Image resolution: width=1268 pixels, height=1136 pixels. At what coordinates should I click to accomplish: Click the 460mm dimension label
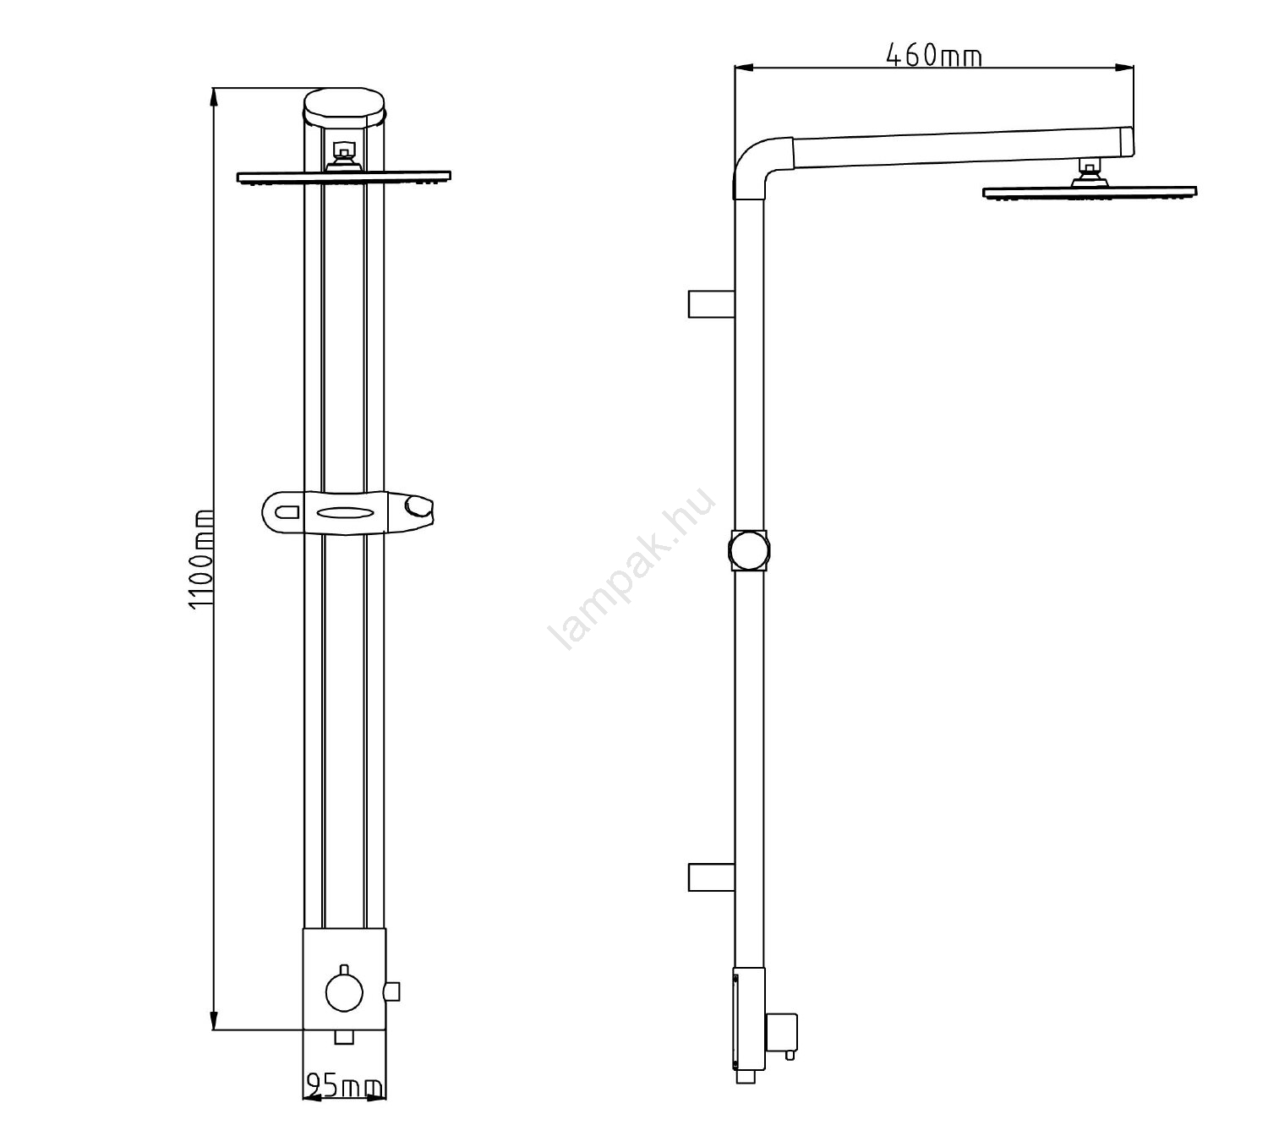pos(933,55)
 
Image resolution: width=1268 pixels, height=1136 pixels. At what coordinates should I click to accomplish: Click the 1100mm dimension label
pos(201,559)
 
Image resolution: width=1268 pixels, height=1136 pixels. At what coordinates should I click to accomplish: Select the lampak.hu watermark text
pos(631,568)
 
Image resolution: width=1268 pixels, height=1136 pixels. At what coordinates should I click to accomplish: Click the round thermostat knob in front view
pos(344,992)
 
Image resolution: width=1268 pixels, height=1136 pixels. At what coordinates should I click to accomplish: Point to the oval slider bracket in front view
pos(347,512)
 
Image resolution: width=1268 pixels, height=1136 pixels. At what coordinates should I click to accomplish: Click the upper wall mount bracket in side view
pos(711,304)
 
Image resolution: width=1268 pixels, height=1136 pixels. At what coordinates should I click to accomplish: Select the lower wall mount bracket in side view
pos(711,877)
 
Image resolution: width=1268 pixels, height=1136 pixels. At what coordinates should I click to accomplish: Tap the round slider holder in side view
pos(749,550)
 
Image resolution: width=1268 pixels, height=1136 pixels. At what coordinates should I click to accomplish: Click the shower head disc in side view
pos(1090,193)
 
